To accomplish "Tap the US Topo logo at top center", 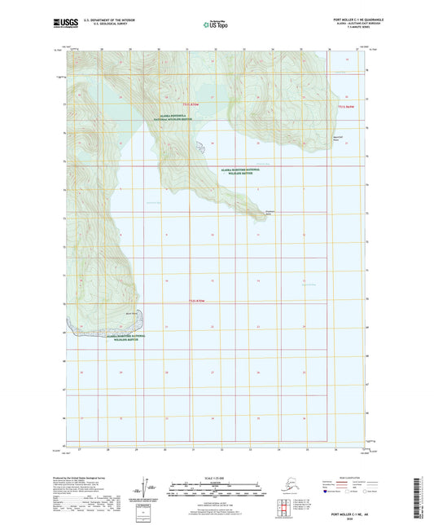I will coord(216,24).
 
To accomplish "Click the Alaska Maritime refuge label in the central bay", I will coord(245,171).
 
